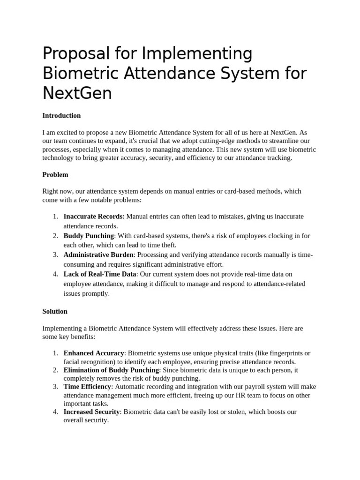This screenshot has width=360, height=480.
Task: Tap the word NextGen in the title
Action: pos(77,93)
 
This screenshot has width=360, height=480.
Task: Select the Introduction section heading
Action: pos(61,115)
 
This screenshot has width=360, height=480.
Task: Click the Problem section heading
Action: pos(55,174)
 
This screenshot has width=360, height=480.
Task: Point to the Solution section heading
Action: pos(55,311)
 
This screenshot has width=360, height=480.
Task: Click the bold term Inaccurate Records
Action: pos(93,216)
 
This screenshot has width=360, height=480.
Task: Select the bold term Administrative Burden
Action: pos(99,255)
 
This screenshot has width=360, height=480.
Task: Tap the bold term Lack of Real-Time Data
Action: pos(100,274)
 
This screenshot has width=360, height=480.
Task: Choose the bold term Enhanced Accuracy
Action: pos(94,353)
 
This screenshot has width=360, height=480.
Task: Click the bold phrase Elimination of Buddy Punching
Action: pos(111,370)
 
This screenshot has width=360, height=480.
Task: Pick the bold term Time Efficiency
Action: pos(87,387)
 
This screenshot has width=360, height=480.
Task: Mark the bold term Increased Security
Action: pos(92,412)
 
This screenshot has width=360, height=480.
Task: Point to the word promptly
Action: pos(96,293)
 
